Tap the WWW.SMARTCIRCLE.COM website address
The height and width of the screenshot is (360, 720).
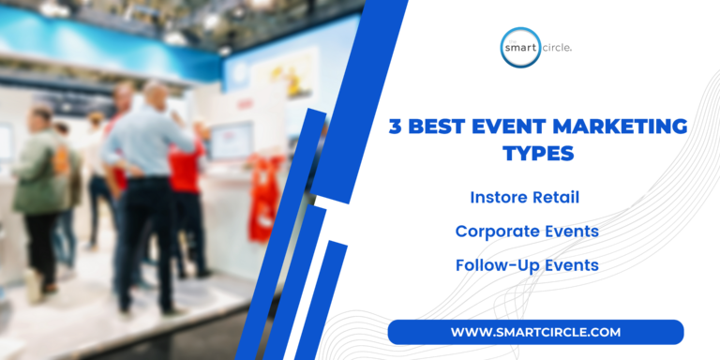click(x=535, y=332)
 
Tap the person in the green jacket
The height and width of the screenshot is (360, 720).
click(x=38, y=187)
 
